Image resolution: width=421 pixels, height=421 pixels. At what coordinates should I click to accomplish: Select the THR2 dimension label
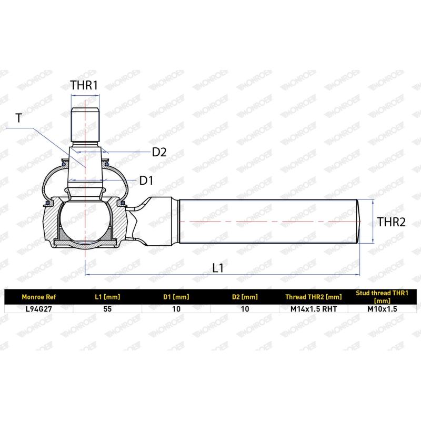(x=392, y=222)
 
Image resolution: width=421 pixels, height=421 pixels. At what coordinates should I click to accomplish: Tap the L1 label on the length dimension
(x=218, y=267)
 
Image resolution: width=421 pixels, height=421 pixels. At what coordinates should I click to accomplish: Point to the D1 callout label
(x=146, y=181)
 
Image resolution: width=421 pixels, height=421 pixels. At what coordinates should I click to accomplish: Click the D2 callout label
(x=159, y=153)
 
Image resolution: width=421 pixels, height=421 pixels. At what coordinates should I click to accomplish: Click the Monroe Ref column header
(x=37, y=297)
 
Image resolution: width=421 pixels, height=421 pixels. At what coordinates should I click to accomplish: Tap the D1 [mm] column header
(x=176, y=297)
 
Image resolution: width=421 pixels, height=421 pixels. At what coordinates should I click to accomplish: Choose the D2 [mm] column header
(x=245, y=297)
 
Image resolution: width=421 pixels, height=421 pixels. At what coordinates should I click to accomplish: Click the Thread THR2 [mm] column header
(x=314, y=297)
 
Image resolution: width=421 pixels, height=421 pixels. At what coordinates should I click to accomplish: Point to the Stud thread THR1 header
(x=382, y=297)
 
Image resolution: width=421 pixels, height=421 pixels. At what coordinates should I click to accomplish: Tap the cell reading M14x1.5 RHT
(x=314, y=309)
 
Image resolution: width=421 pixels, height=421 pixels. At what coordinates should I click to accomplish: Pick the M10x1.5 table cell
(x=382, y=309)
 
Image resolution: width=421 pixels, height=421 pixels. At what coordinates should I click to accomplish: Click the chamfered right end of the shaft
(x=361, y=220)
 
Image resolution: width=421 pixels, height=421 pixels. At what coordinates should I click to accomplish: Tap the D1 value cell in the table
(x=176, y=309)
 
